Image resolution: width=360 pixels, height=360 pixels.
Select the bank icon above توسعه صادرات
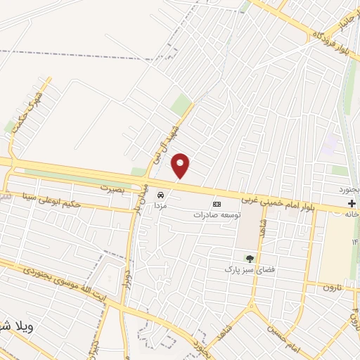click(x=217, y=203)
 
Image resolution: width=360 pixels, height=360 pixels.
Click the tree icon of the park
click(x=249, y=259)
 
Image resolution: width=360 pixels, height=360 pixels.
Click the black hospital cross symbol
click(x=351, y=205)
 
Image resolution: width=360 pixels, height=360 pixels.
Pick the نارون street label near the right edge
click(x=328, y=287)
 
